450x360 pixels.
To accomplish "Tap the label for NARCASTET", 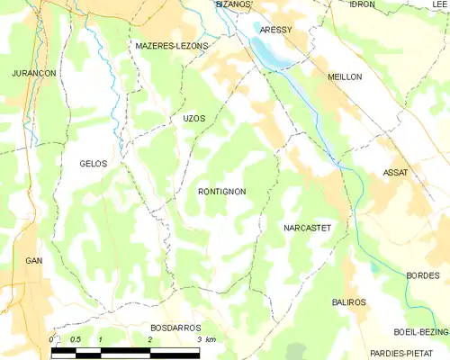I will click(x=308, y=229).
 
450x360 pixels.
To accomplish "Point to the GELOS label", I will click(x=93, y=164).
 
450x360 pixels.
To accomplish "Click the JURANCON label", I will click(x=34, y=72).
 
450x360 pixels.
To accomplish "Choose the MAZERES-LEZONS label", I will click(x=171, y=45).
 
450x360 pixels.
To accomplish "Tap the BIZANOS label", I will click(x=235, y=4).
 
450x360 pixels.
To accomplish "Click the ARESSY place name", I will click(x=275, y=30).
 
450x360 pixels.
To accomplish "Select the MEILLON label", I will click(x=345, y=77).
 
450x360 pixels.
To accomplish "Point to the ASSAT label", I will click(x=395, y=172).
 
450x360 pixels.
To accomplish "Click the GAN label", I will click(x=34, y=260).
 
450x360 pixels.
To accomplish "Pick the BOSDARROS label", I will click(x=175, y=328).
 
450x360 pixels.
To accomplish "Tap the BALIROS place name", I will click(x=348, y=302).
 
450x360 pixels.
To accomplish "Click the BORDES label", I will click(x=422, y=275).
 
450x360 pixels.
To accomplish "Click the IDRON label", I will click(x=362, y=4).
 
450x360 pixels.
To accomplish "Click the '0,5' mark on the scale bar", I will click(x=76, y=340).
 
